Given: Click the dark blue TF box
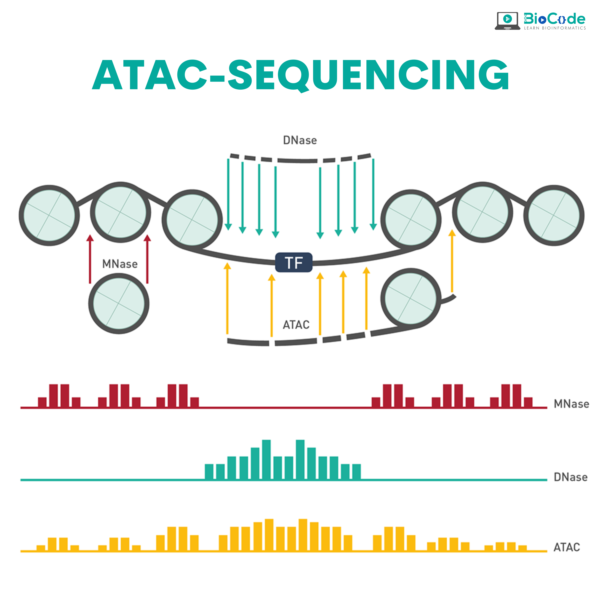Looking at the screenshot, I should point(294,262).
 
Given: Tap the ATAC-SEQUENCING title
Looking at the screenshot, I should point(300,75).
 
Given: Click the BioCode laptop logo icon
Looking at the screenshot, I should point(507,21).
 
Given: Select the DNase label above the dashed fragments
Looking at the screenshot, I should point(300,140).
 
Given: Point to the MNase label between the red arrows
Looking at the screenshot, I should point(120,264).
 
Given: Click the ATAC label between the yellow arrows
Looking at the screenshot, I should point(296,325).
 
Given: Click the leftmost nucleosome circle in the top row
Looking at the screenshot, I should point(49,215).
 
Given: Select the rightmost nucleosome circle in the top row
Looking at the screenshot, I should point(554,215).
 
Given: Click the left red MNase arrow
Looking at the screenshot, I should point(90,259).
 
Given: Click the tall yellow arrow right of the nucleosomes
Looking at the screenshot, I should point(452,261).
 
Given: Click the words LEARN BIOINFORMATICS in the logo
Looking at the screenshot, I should point(555,28).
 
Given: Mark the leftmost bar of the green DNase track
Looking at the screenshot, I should point(209,472).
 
